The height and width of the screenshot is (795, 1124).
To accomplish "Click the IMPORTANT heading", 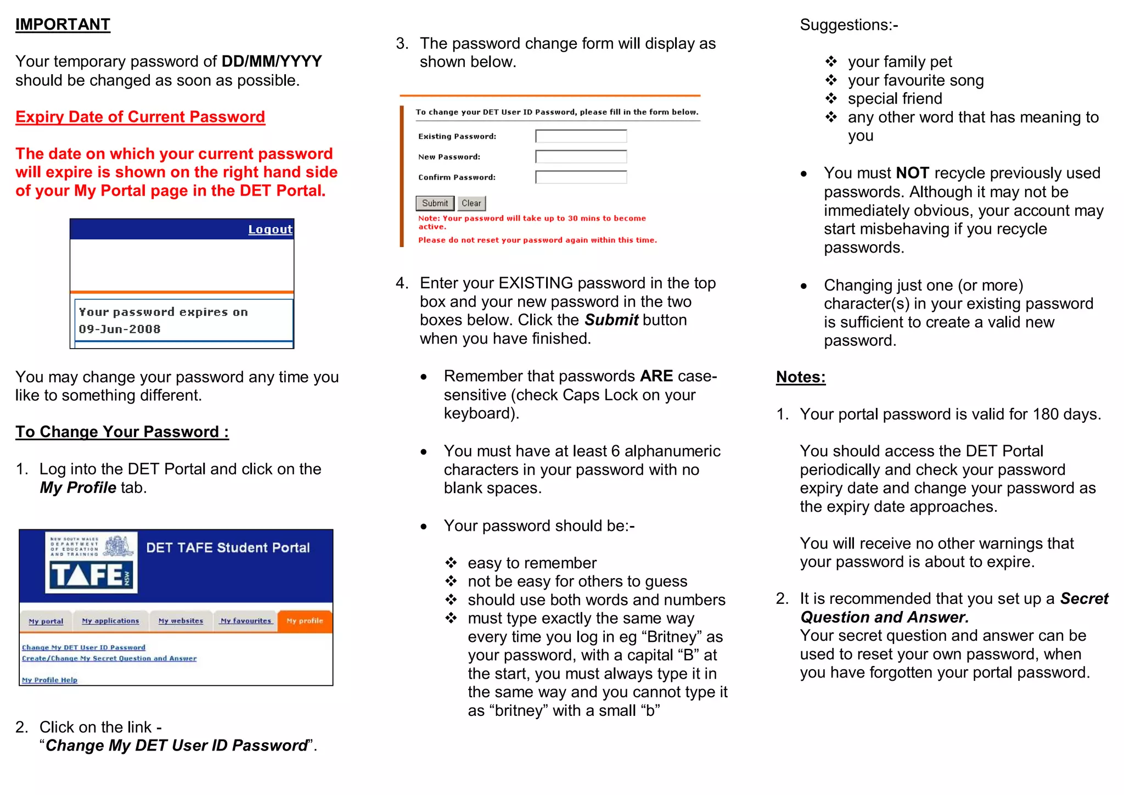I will pyautogui.click(x=63, y=25).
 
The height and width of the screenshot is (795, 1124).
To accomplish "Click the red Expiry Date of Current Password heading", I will pyautogui.click(x=140, y=117).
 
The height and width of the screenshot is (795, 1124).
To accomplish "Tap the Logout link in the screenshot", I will pyautogui.click(x=270, y=229).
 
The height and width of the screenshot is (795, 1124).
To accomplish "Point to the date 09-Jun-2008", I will pyautogui.click(x=120, y=329).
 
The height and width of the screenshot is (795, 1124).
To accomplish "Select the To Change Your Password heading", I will pyautogui.click(x=122, y=432).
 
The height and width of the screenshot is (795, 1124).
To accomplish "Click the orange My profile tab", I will pyautogui.click(x=305, y=621).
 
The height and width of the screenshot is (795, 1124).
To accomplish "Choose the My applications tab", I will pyautogui.click(x=110, y=621).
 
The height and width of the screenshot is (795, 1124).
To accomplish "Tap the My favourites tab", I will pyautogui.click(x=245, y=621).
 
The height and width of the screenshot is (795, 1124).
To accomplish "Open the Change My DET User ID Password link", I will pyautogui.click(x=83, y=648).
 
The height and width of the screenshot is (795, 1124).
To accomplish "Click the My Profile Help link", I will pyautogui.click(x=49, y=680).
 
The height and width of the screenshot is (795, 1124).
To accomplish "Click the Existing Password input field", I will pyautogui.click(x=581, y=136).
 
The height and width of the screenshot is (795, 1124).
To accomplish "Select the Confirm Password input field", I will pyautogui.click(x=581, y=177).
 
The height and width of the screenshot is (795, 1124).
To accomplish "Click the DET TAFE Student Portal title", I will pyautogui.click(x=228, y=548).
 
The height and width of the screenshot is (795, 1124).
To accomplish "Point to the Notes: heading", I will pyautogui.click(x=800, y=377).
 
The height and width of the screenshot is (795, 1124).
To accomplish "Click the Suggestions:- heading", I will pyautogui.click(x=848, y=25).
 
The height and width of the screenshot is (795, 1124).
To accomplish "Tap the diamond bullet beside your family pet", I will pyautogui.click(x=831, y=61).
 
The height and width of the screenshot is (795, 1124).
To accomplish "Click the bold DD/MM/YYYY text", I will pyautogui.click(x=272, y=61).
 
